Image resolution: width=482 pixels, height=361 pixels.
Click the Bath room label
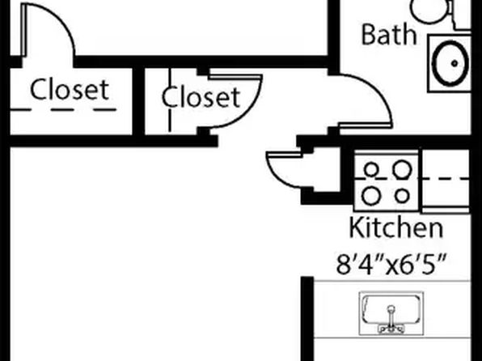click(389, 35)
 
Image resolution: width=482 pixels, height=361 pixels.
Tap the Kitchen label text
click(396, 227)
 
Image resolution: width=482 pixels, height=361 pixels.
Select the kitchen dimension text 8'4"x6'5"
click(391, 264)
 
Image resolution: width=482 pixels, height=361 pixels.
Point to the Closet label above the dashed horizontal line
click(70, 89)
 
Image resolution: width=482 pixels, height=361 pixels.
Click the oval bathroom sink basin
click(451, 63)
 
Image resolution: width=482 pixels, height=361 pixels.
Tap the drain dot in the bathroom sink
click(455, 64)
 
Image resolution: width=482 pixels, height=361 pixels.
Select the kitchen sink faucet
click(391, 320)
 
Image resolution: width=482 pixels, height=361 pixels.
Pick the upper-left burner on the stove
click(371, 169)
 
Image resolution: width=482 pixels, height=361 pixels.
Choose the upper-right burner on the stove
click(403, 170)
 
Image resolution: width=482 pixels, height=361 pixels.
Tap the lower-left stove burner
click(371, 196)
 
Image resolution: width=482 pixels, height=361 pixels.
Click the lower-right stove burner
click(402, 196)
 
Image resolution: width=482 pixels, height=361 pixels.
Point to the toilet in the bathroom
click(430, 11)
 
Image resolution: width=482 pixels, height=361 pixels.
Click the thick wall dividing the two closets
click(138, 101)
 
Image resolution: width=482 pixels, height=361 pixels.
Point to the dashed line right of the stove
click(445, 178)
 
